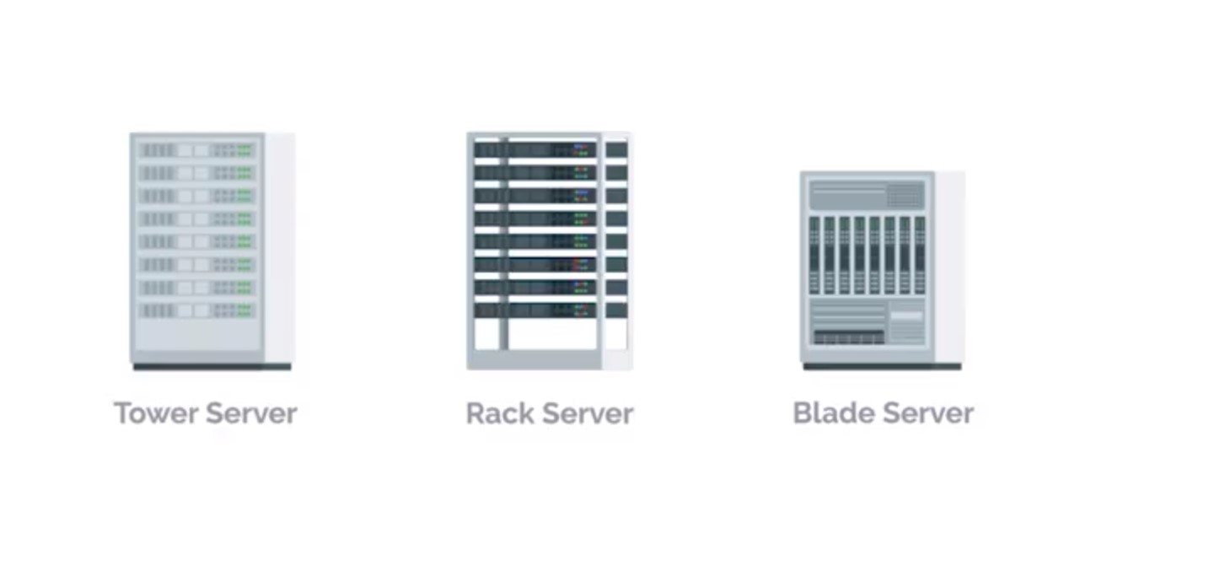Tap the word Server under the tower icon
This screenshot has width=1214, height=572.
[251, 413]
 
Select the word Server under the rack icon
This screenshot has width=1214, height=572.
[588, 413]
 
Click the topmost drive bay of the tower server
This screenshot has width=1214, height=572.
[197, 150]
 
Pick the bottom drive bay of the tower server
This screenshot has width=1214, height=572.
[197, 310]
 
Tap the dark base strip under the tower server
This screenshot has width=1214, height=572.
[212, 367]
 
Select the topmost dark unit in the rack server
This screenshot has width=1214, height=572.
[534, 149]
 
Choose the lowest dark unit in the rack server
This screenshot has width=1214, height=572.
[534, 310]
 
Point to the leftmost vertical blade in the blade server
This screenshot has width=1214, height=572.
[814, 256]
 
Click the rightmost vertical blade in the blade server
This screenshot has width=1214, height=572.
[920, 256]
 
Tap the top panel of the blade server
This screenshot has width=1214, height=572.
[868, 195]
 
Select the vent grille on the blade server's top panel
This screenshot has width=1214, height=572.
[905, 196]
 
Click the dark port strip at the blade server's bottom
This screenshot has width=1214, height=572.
[849, 337]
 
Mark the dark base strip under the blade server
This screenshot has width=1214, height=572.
[883, 367]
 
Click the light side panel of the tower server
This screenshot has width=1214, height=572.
[280, 248]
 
